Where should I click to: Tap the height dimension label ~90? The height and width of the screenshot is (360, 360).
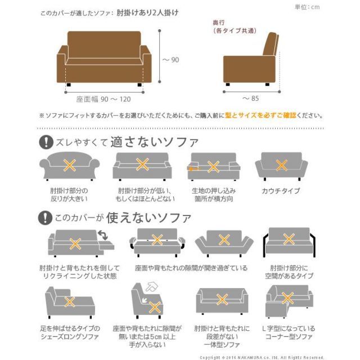pos(171,60)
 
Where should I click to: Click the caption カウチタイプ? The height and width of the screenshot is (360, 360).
pos(281,191)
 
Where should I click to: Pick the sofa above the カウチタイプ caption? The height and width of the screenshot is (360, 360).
pos(281,165)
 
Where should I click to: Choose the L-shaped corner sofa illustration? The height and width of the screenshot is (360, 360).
pos(287,301)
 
